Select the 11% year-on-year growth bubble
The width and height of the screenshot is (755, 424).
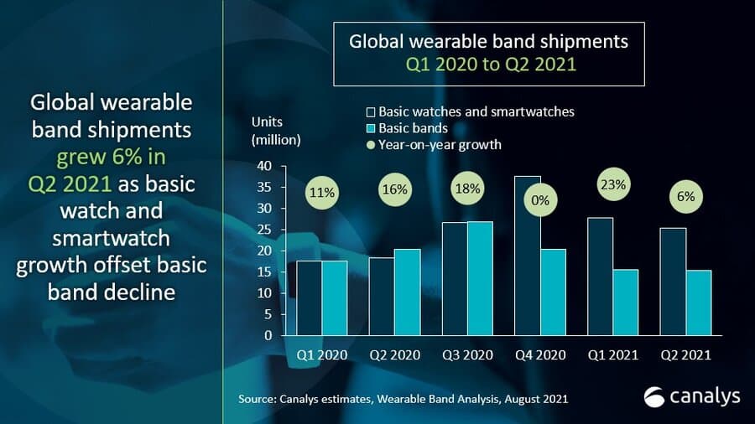click(322, 193)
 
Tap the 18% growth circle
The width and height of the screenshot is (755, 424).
click(468, 189)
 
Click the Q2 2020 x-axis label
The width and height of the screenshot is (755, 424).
click(395, 355)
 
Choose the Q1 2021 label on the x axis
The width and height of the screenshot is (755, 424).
click(613, 355)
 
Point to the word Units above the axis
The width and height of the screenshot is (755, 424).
click(268, 122)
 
